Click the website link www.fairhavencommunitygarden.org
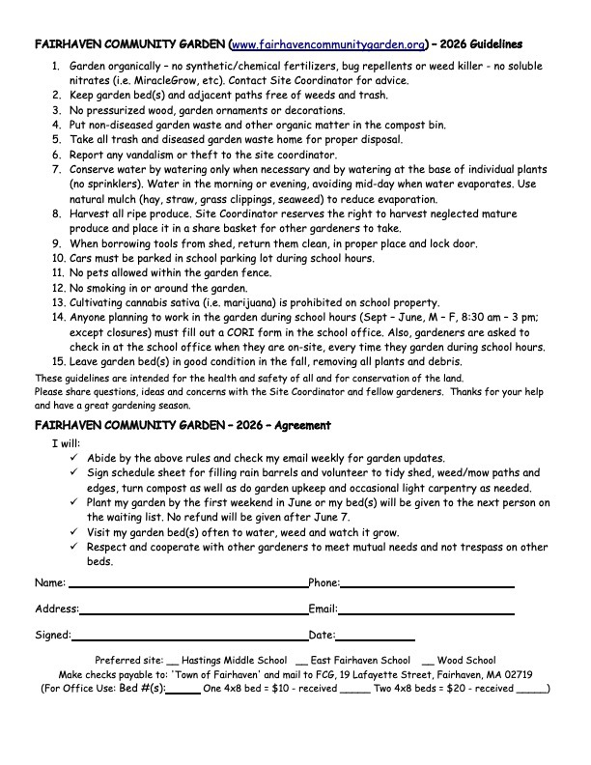(x=328, y=44)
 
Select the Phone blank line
(x=426, y=584)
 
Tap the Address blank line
(x=193, y=610)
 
